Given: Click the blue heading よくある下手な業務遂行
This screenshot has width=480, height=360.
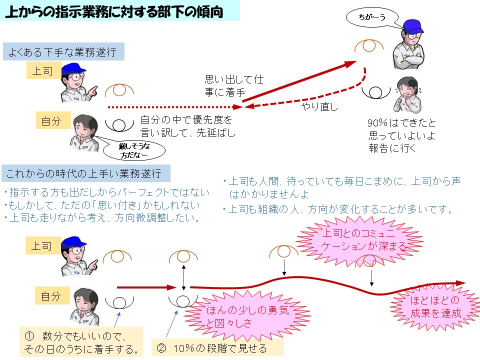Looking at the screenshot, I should [63, 52].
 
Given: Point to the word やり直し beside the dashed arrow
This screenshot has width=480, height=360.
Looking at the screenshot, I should [319, 106].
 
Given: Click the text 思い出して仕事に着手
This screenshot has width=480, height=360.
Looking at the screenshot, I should [233, 85].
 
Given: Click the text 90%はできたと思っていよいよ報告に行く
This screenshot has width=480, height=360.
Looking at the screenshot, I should [401, 135].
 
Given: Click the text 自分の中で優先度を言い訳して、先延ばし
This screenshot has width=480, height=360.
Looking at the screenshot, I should [187, 126].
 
